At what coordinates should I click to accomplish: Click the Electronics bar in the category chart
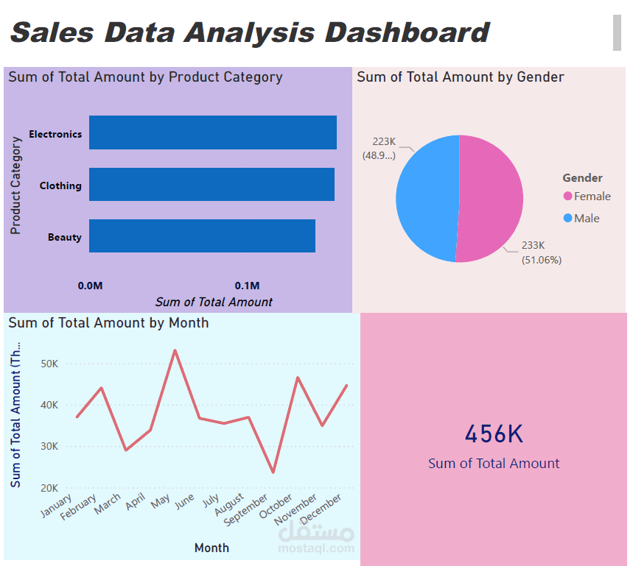pyautogui.click(x=212, y=132)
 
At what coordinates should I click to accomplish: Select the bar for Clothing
pyautogui.click(x=211, y=185)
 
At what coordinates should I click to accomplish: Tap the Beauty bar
pyautogui.click(x=202, y=236)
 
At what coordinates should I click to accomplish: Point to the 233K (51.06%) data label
pyautogui.click(x=542, y=252)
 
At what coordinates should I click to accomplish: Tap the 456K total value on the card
pyautogui.click(x=494, y=434)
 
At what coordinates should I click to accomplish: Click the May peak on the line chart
pyautogui.click(x=175, y=350)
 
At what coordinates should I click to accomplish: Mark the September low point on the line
pyautogui.click(x=273, y=472)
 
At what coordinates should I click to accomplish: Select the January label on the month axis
pyautogui.click(x=57, y=507)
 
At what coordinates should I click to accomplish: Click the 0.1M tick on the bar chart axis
pyautogui.click(x=247, y=286)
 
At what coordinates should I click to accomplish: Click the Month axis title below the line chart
pyautogui.click(x=211, y=548)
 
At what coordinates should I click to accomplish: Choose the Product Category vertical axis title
pyautogui.click(x=15, y=185)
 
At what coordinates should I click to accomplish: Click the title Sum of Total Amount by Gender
pyautogui.click(x=461, y=77)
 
